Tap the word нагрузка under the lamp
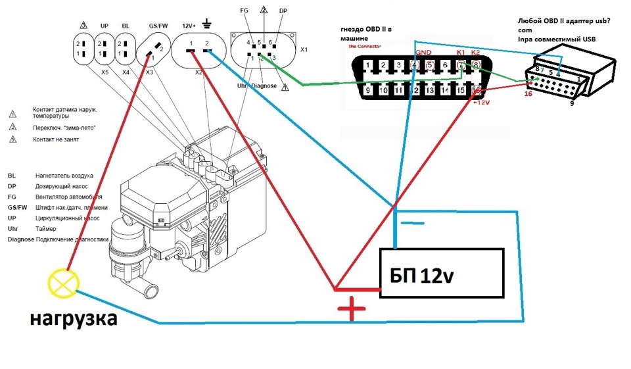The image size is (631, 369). coord(73,320)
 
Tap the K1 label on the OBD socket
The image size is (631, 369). coord(461,53)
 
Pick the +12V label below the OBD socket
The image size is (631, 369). coord(482,103)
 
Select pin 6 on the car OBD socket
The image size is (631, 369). coord(445,65)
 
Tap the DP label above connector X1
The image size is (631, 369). coord(283,11)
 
